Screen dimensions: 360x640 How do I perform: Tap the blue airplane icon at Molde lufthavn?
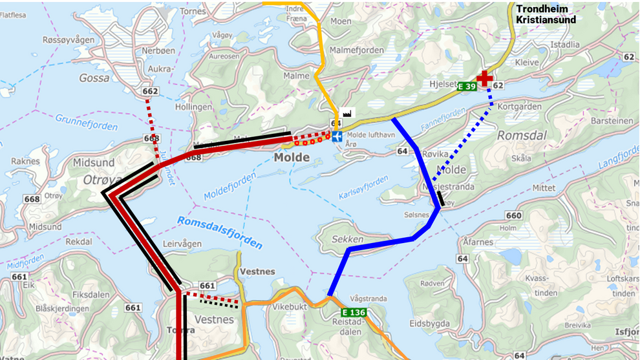pos(337,136)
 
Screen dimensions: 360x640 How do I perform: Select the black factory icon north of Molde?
pos(347,113)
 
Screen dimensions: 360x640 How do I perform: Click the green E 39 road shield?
pos(467,86)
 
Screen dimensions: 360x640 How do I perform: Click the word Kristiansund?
pos(546,20)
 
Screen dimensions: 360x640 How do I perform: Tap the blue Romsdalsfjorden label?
pos(220,233)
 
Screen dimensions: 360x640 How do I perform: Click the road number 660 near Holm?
pos(514,215)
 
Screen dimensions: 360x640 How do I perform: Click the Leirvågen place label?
pos(182,244)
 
